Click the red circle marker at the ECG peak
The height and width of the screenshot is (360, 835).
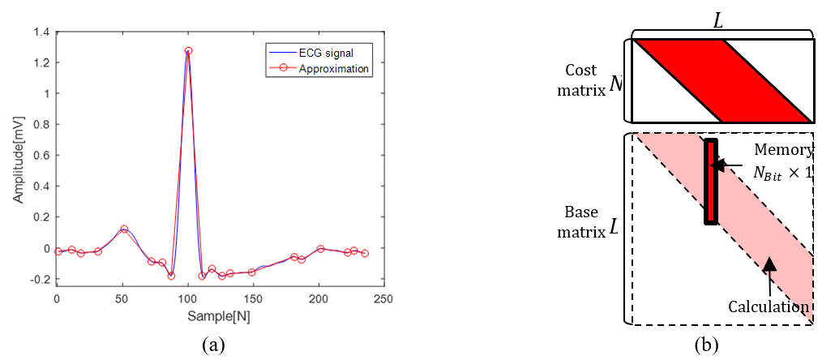(188, 51)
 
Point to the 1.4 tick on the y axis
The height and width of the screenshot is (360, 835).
(40, 32)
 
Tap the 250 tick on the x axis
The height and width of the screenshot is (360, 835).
(383, 299)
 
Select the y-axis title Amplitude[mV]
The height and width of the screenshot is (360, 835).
(18, 157)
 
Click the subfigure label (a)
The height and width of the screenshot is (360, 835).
(213, 344)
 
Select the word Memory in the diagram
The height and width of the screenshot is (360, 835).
(783, 150)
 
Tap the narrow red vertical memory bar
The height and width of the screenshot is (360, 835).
(710, 182)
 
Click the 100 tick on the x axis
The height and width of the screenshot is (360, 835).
(187, 299)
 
